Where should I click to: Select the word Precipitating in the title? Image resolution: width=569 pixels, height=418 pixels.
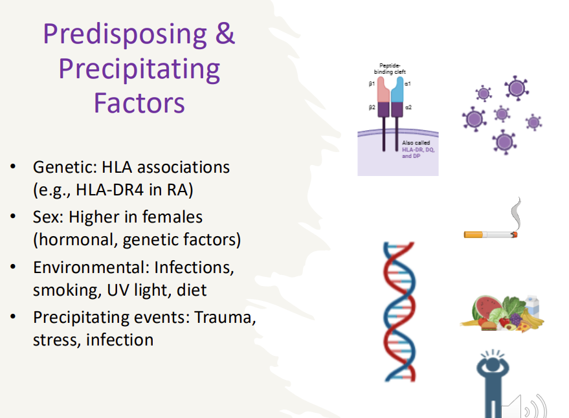click(x=139, y=69)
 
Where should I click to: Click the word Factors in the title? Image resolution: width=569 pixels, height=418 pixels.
click(x=139, y=102)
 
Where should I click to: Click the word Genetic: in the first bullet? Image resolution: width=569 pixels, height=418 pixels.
click(x=62, y=167)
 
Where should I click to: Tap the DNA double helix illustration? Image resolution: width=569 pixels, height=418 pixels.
click(x=399, y=311)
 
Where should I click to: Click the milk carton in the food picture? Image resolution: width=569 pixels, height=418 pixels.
click(x=533, y=304)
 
